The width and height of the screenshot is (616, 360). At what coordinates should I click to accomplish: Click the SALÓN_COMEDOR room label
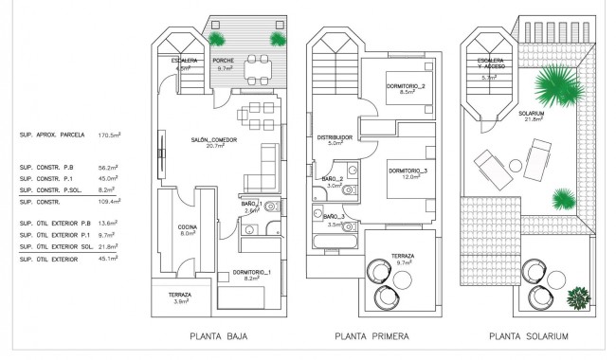coord(213,141)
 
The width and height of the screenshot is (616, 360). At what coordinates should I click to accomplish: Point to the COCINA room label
coord(186,228)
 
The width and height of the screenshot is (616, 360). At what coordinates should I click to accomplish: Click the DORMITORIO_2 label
coord(406,89)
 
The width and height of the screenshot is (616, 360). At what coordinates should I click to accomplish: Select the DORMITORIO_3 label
coord(408,172)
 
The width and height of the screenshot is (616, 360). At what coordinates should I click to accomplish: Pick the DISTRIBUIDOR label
coord(334,138)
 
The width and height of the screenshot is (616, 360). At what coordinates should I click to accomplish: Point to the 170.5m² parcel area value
coord(112,135)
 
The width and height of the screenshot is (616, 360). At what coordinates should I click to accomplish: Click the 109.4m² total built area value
coord(112,202)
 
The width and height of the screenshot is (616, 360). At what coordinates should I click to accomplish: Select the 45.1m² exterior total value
coord(112,257)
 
